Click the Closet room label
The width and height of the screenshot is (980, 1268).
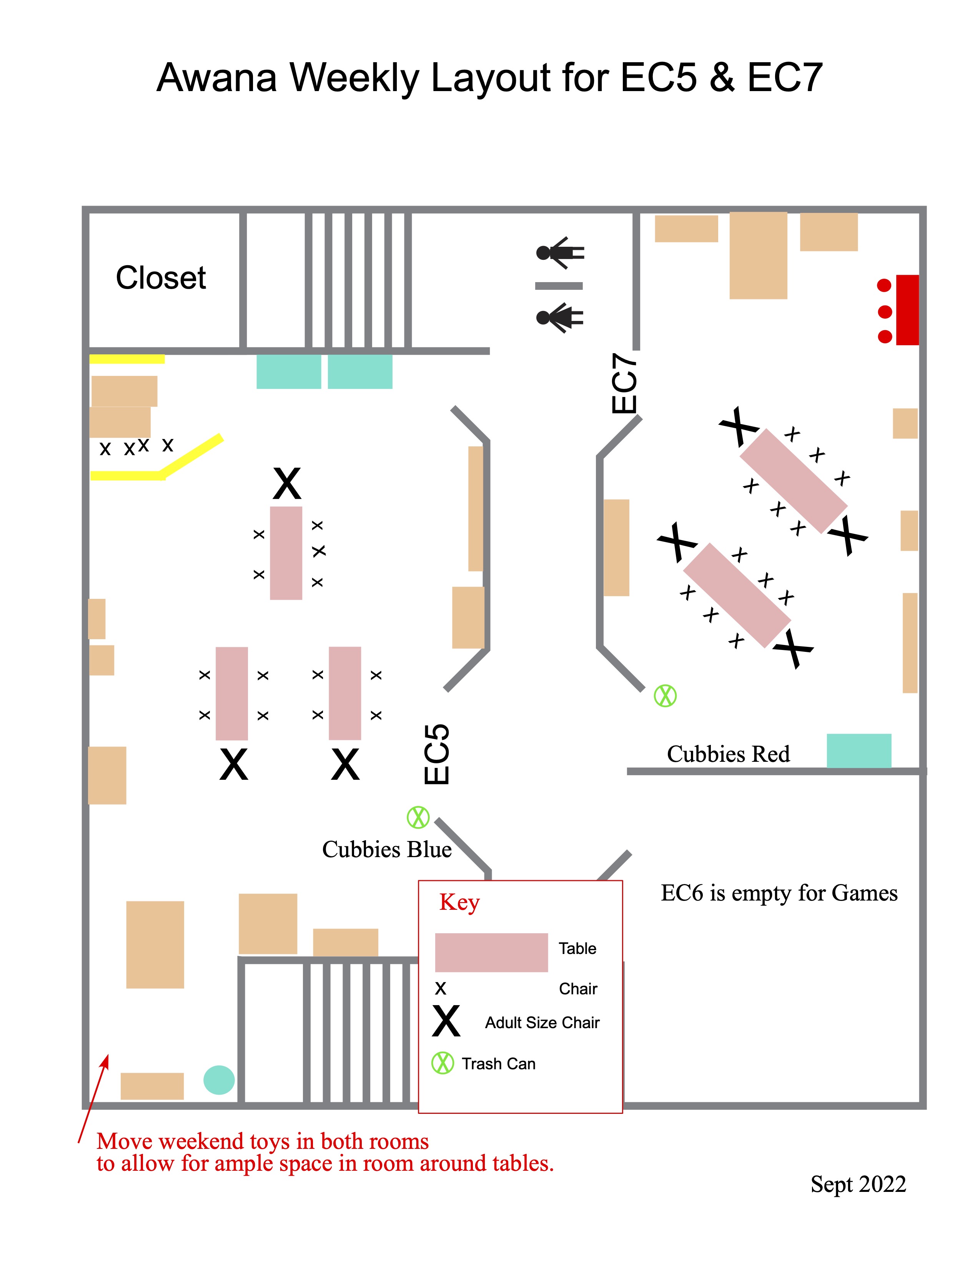point(161,278)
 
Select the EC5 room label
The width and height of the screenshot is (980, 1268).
point(437,754)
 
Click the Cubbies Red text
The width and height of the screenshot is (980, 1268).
point(728,754)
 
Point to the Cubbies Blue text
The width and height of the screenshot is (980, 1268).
point(387,849)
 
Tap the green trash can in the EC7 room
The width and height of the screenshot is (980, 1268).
point(665,696)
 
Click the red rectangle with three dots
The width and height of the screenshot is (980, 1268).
point(907,310)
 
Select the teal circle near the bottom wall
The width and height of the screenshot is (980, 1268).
point(219,1080)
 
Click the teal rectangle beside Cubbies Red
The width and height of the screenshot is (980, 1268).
point(859,751)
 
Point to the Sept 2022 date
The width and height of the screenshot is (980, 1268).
point(858,1184)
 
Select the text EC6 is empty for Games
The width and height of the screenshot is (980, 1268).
point(779,893)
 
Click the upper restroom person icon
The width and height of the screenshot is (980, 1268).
point(560,253)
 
